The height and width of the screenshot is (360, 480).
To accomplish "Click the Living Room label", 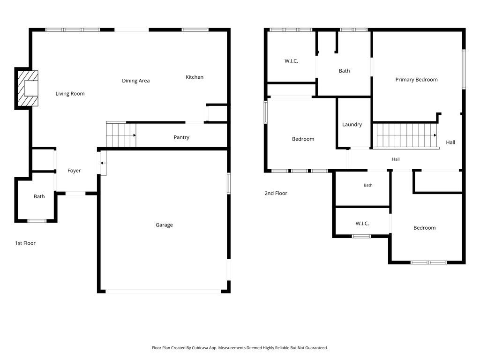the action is click(70, 94).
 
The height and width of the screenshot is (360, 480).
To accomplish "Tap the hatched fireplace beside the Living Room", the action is click(28, 89).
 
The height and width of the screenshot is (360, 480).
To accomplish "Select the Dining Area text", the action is click(135, 81).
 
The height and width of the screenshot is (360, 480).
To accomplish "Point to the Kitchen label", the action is click(195, 77).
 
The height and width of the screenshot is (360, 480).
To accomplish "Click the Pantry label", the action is click(181, 137).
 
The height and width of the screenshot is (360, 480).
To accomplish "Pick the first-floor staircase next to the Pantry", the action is click(121, 135).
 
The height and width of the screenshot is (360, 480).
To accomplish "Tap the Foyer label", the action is click(74, 171).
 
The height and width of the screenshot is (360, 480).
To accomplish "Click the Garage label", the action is click(164, 225).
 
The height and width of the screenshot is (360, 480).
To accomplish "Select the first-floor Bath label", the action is click(39, 196).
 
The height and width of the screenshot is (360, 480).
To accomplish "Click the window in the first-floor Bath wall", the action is click(37, 221).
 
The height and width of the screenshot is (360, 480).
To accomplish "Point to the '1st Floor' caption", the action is click(25, 243).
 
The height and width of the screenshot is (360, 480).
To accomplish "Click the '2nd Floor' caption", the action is click(276, 193).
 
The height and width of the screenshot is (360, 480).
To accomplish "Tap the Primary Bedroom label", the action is click(416, 80).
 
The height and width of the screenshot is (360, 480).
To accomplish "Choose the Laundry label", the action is click(352, 125).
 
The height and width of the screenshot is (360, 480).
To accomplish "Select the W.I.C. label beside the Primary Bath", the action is click(291, 61).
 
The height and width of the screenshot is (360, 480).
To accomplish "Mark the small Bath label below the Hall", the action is click(368, 185).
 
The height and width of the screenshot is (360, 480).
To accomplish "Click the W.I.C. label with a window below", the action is click(362, 224).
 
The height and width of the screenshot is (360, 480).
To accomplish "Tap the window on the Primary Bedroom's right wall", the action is click(464, 69).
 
